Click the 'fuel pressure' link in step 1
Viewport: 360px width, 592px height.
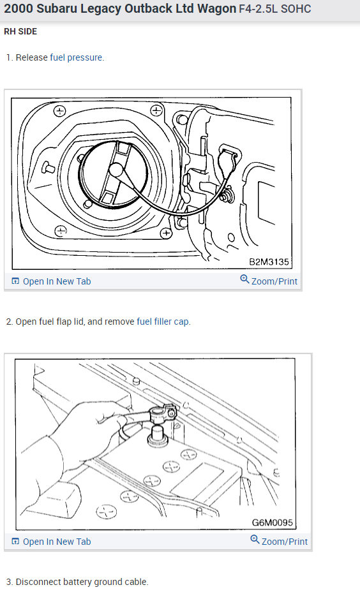pyautogui.click(x=76, y=57)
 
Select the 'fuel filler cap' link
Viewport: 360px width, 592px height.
pyautogui.click(x=162, y=322)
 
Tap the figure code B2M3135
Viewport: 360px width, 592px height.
pyautogui.click(x=269, y=262)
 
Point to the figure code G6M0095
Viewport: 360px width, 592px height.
pyautogui.click(x=273, y=522)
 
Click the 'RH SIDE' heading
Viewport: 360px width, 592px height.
pyautogui.click(x=20, y=31)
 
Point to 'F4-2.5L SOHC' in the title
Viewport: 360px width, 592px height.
pyautogui.click(x=275, y=9)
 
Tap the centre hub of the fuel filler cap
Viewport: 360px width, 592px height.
pyautogui.click(x=116, y=170)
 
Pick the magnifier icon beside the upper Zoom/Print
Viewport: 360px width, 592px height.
pyautogui.click(x=244, y=279)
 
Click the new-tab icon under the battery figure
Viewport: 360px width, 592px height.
pyautogui.click(x=15, y=542)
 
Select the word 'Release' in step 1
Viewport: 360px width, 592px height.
pyautogui.click(x=31, y=57)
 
